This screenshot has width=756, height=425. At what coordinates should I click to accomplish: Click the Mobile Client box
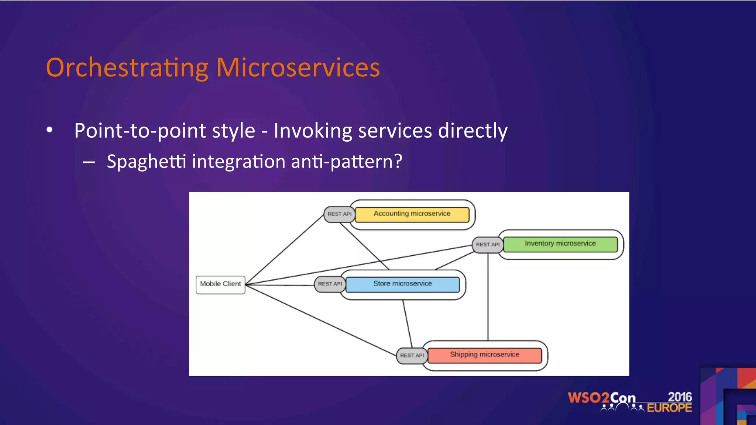tap(220, 284)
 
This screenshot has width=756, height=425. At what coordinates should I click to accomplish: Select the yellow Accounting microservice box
tap(412, 214)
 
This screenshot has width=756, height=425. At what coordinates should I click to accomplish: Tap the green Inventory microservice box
tap(560, 244)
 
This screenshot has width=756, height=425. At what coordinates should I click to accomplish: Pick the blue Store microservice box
tap(402, 284)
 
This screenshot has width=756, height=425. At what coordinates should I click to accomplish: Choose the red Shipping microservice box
tap(484, 355)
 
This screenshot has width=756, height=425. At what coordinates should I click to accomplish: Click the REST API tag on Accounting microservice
tap(339, 214)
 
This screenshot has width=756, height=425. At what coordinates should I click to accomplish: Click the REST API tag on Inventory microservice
tap(487, 245)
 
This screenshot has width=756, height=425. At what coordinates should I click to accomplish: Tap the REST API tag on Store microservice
tap(330, 284)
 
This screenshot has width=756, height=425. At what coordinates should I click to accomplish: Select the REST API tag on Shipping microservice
tap(412, 356)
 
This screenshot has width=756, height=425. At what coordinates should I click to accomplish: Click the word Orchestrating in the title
tap(127, 68)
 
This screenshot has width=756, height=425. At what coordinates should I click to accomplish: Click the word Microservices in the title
tap(298, 68)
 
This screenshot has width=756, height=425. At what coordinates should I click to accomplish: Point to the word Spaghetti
tap(146, 162)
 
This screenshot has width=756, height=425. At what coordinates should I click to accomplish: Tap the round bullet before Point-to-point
tap(50, 130)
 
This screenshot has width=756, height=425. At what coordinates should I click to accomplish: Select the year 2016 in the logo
tap(680, 397)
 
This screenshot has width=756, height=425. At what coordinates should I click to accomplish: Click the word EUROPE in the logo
tap(669, 408)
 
